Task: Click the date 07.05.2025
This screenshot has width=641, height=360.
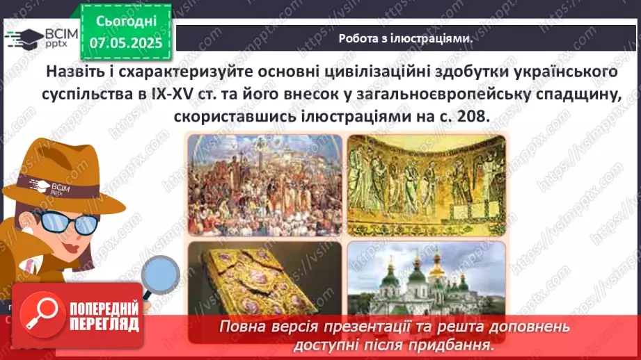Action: [x=125, y=43]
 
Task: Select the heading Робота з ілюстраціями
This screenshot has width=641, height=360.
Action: [x=406, y=39]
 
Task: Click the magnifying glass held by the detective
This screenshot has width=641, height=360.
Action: [x=160, y=274]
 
